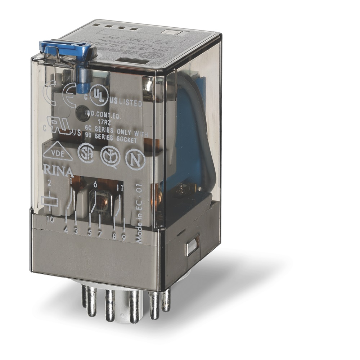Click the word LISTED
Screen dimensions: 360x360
pos(130,103)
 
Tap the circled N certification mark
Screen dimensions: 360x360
pos(135,159)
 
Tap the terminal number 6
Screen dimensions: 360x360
pos(95,185)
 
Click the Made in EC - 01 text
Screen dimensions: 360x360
pos(140,220)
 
